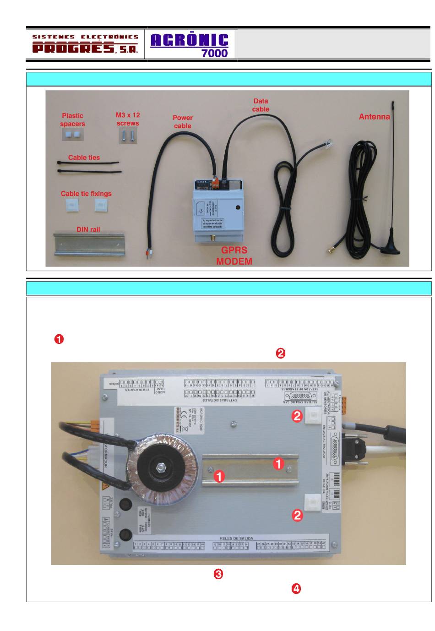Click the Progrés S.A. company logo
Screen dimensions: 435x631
coord(85,44)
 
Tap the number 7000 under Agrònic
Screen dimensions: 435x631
coord(214,53)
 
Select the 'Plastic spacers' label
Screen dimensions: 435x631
coord(72,120)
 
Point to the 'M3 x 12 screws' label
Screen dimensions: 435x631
coord(128,119)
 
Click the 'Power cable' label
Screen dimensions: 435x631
coord(182,122)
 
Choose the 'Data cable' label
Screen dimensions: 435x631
coord(261,105)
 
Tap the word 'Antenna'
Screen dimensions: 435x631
coord(374,117)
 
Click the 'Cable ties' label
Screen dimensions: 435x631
coord(84,158)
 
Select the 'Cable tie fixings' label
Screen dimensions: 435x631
coord(86,194)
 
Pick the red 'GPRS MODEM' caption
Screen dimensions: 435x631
coord(234,256)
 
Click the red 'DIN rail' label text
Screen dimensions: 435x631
coord(88,229)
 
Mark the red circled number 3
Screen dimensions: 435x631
coord(218,574)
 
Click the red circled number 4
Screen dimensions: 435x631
coord(296,589)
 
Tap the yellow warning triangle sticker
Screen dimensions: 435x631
coord(106,486)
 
